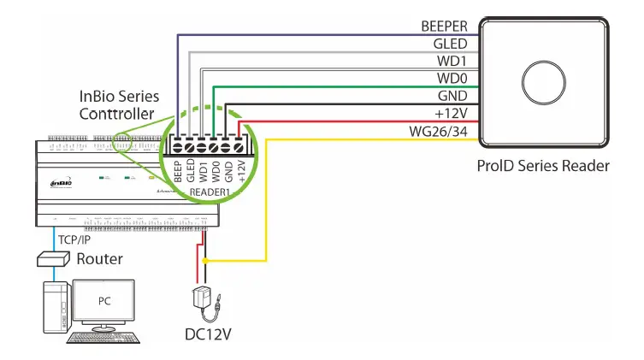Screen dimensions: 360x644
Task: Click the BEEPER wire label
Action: point(444,27)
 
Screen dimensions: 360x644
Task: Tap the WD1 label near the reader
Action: point(452,62)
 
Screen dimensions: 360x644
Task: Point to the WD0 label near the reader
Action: point(452,79)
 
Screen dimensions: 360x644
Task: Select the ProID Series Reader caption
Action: point(543,166)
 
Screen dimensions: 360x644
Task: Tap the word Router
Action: point(99,259)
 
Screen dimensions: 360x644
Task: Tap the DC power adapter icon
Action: point(204,299)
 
